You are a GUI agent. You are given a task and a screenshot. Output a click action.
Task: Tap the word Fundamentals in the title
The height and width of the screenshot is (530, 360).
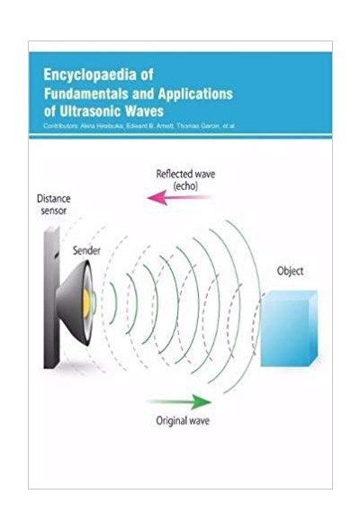(x=86, y=94)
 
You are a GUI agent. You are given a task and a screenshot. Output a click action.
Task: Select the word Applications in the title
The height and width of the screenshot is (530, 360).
(x=195, y=94)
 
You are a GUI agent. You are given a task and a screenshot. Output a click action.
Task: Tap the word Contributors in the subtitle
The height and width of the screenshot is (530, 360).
(x=61, y=126)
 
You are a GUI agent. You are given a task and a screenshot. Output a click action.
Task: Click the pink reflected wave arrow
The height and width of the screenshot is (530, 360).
(x=179, y=197)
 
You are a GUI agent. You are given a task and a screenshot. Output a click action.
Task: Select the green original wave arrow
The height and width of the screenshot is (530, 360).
(x=179, y=402)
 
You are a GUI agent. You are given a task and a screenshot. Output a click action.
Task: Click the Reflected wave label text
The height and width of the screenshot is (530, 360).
(x=185, y=174)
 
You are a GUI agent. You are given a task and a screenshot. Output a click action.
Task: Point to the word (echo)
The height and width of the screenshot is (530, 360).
(x=185, y=186)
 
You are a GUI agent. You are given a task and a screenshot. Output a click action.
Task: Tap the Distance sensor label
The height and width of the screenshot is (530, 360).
(x=53, y=204)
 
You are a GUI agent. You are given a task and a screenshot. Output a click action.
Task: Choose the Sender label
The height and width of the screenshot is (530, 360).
(x=86, y=251)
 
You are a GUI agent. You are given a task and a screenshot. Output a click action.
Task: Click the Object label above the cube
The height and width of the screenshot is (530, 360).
(x=290, y=271)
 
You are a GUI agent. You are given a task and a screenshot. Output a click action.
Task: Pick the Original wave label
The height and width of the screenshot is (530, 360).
(x=183, y=421)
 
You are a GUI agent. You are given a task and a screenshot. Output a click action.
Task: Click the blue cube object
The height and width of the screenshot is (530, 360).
(x=289, y=328)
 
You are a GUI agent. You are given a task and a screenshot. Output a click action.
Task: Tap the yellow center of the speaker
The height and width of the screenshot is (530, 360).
(x=86, y=303)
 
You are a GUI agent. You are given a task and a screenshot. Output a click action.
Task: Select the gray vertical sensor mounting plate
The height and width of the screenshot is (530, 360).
(x=51, y=298)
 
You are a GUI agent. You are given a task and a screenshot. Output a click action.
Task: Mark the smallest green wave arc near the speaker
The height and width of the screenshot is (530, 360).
(x=114, y=303)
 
